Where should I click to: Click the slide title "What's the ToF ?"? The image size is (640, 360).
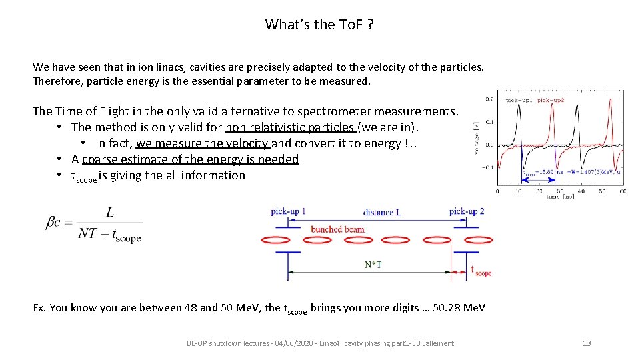click(319, 25)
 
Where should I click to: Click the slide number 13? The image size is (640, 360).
click(587, 343)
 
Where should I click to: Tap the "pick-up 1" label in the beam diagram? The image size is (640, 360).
click(289, 211)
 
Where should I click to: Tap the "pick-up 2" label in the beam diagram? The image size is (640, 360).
click(467, 211)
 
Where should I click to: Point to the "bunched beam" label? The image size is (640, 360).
click(337, 229)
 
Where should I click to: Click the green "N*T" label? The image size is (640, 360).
click(373, 265)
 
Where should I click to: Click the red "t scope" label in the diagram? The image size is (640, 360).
click(481, 271)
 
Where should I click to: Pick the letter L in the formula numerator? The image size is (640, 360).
click(109, 213)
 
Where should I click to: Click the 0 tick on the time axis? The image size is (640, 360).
click(497, 191)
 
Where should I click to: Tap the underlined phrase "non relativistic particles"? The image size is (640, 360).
click(292, 127)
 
